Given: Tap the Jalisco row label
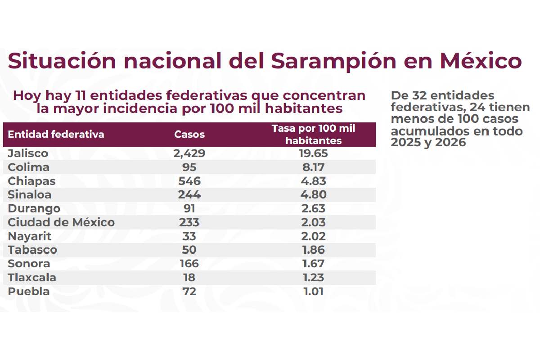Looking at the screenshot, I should coord(28,153).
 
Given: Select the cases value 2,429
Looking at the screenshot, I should coord(189,153).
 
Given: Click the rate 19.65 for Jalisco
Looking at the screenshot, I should coord(314,153).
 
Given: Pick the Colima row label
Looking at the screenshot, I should coord(29,167).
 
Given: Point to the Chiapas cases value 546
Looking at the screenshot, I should coord(189,181).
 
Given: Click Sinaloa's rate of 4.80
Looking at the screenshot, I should coord(314,195).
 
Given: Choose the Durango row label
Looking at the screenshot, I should coord(34,209).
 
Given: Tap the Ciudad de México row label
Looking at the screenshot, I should coord(61,222).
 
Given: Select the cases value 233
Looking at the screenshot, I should coord(189,222).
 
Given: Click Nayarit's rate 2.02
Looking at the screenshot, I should coord(314,236).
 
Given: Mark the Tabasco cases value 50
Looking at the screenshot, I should coord(189,250).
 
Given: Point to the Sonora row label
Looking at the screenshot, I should coord(29,264).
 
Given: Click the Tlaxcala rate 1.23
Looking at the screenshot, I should coord(314,278).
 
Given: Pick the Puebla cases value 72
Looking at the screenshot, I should coord(189,292).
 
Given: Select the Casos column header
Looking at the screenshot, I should coord(189,135).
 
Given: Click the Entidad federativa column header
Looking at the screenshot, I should coord(56,135).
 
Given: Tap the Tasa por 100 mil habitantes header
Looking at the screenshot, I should coord(314,135).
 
